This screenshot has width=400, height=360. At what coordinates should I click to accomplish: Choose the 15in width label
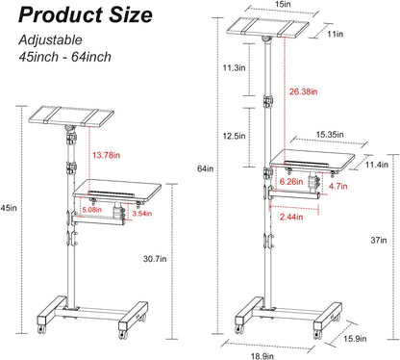click(283, 6)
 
